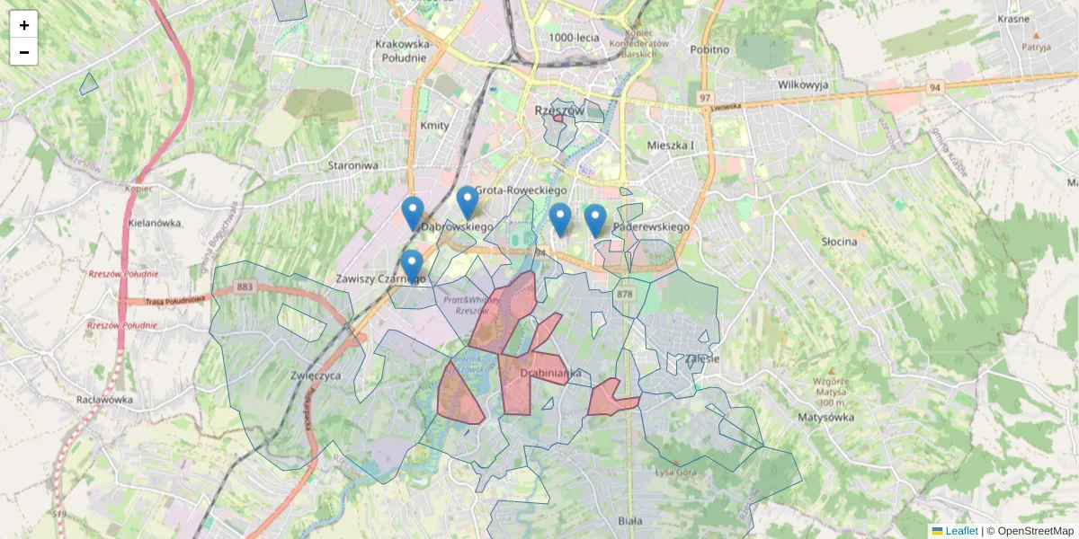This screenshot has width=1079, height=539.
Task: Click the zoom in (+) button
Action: coord(24,25)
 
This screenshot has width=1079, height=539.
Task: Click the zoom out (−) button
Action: coord(24,52)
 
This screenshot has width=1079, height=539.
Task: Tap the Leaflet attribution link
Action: coord(960,531)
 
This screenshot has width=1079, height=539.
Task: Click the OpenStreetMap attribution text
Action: coord(1035,531)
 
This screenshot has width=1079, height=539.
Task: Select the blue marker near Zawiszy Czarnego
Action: coord(412,267)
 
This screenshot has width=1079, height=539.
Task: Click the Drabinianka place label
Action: coord(551,373)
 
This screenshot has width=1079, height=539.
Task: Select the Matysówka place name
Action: coord(825,417)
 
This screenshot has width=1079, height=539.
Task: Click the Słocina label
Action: coord(839,242)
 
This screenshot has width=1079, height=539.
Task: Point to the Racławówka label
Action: coord(104,400)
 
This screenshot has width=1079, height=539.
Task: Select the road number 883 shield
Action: coord(244,287)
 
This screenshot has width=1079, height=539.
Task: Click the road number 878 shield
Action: coord(625,294)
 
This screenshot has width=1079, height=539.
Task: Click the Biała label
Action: coord(631,520)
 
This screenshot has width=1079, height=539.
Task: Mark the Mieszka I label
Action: coord(671,145)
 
